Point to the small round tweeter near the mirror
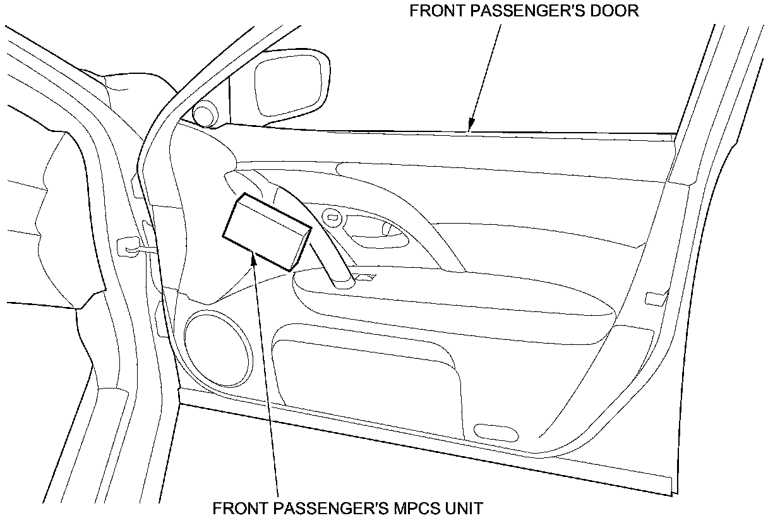tap(205, 114)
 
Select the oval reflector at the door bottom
tap(495, 433)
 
